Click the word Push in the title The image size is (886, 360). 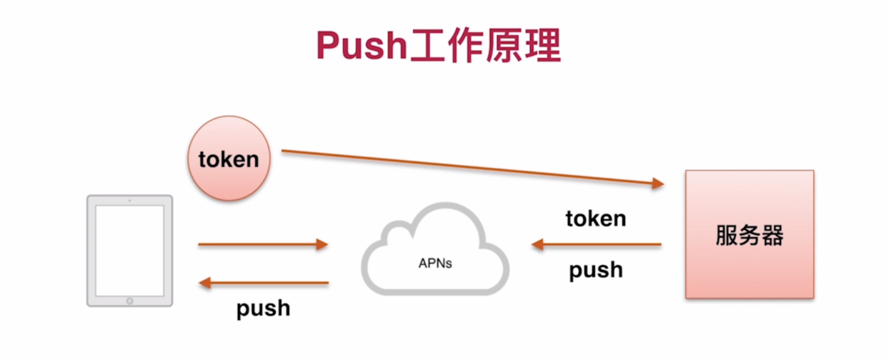pyautogui.click(x=362, y=46)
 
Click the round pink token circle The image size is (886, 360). pyautogui.click(x=229, y=159)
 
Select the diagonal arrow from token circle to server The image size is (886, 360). pyautogui.click(x=472, y=168)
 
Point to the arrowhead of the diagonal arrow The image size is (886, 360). pyautogui.click(x=657, y=184)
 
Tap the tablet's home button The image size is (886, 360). pyautogui.click(x=129, y=300)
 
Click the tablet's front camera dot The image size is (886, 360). pyautogui.click(x=129, y=201)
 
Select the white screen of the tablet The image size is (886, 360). pyautogui.click(x=129, y=250)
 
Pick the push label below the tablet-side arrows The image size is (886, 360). pyautogui.click(x=263, y=309)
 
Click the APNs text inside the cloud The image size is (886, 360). pyautogui.click(x=435, y=264)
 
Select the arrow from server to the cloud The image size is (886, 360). pyautogui.click(x=597, y=245)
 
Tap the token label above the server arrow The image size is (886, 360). pyautogui.click(x=595, y=219)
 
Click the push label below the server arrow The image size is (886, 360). pyautogui.click(x=595, y=270)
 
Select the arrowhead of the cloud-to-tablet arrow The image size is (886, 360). pyautogui.click(x=205, y=284)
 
